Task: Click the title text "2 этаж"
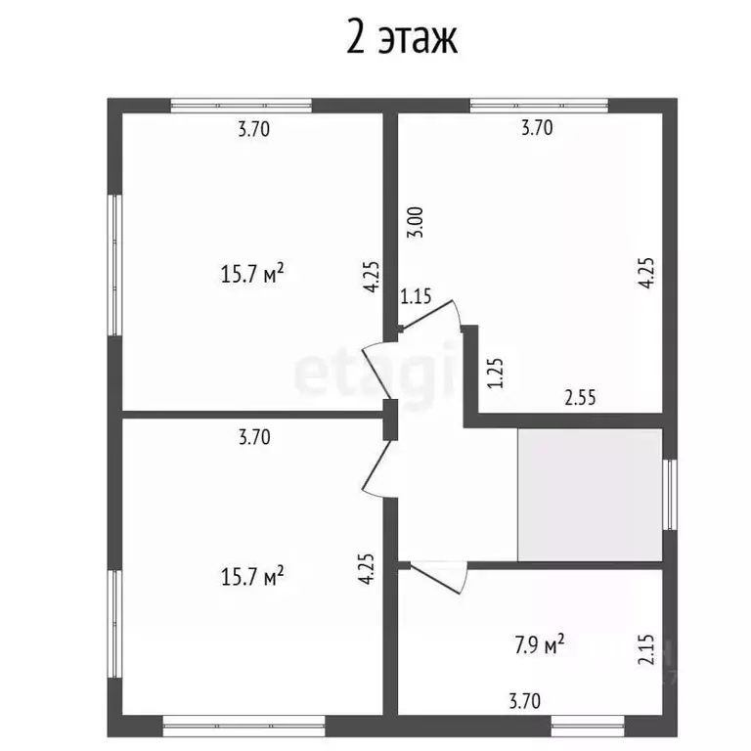402,40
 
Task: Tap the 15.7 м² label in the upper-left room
252,274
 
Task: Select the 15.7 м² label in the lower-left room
252,576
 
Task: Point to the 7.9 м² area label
539,645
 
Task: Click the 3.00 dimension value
416,224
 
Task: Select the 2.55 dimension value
580,398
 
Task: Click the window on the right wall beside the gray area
670,494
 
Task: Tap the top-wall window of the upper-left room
241,106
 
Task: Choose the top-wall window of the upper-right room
539,106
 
